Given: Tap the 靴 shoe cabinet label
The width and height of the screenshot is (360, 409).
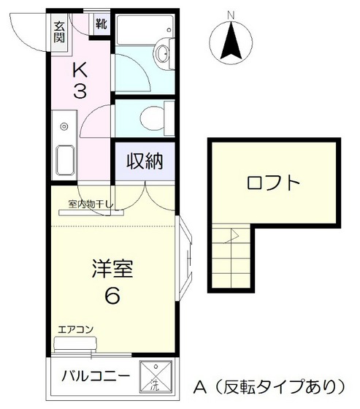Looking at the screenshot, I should click(x=100, y=22).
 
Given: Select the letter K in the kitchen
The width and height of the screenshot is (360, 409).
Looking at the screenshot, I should click(x=82, y=70).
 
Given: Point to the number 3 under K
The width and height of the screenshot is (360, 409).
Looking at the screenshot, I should click(x=82, y=93).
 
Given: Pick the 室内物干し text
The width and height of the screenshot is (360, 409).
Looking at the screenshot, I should click(x=91, y=204).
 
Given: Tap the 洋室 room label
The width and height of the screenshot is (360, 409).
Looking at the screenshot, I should click(x=113, y=268).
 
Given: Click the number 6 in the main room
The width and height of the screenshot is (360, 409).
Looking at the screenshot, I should click(x=113, y=296).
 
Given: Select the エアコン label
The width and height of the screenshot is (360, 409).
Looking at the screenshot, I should click(x=76, y=330).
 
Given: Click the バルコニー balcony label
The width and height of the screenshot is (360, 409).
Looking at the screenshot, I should click(x=96, y=377).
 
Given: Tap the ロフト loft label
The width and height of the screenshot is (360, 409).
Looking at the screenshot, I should click(x=273, y=182).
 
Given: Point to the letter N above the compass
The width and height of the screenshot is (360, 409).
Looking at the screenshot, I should click(x=231, y=14).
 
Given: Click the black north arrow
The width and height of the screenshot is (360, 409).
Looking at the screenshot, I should click(x=231, y=40).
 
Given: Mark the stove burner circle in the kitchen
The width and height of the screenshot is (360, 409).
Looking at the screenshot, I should click(x=64, y=125).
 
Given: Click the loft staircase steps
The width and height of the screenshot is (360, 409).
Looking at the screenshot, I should click(x=232, y=256).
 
